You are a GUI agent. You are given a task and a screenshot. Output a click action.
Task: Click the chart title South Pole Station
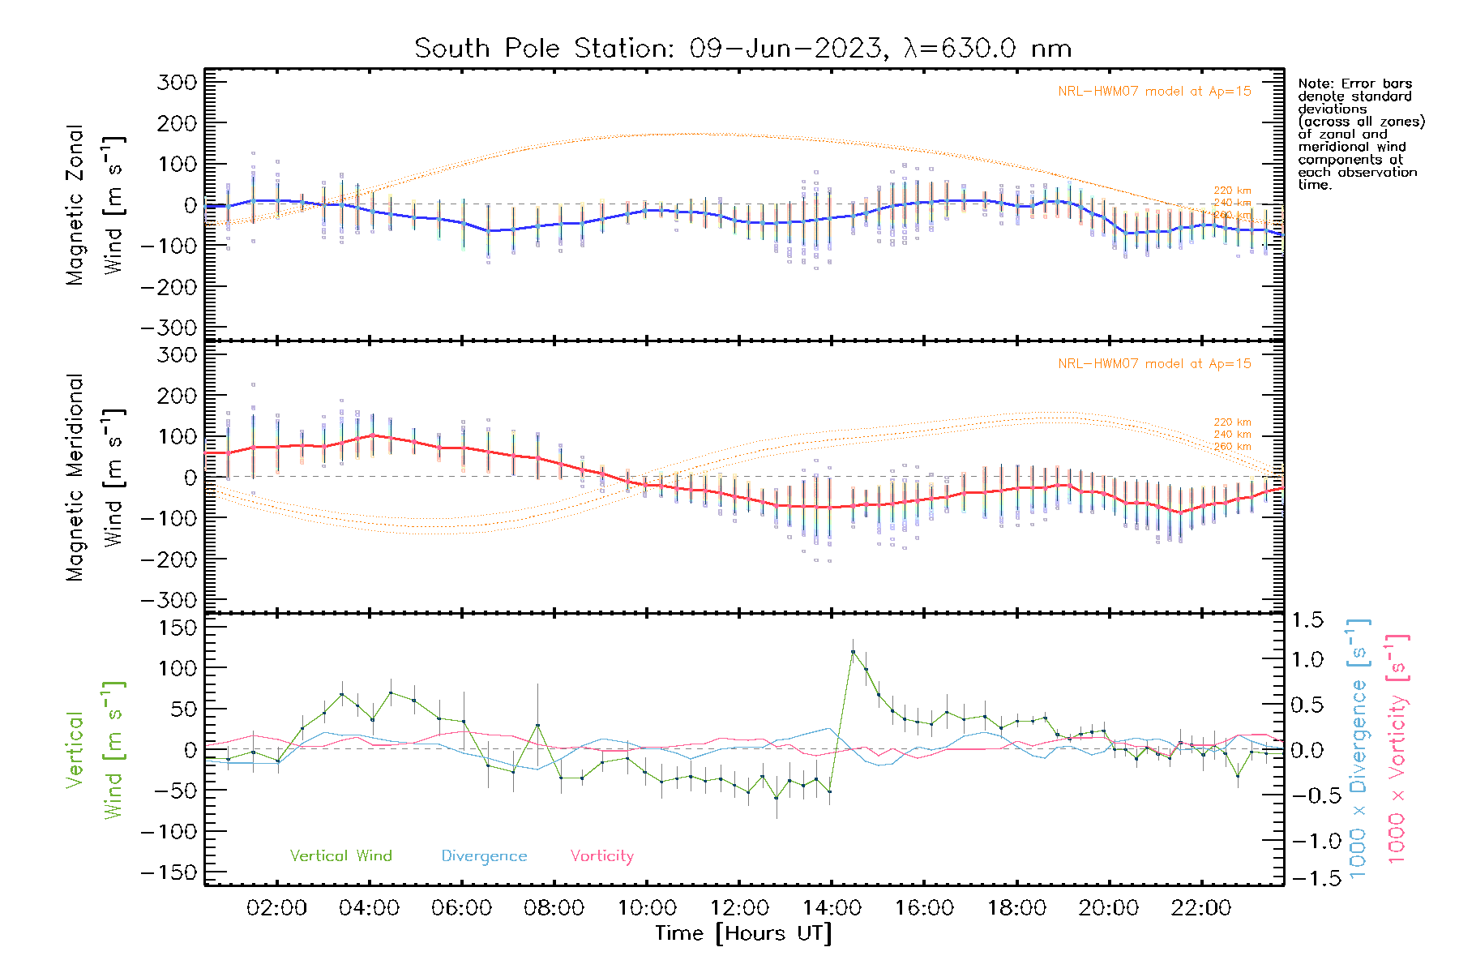point(742,49)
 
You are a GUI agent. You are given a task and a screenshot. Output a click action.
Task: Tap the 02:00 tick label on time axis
point(276,908)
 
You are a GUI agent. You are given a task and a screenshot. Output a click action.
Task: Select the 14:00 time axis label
point(832,908)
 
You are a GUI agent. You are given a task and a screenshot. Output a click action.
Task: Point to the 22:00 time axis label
point(1201,908)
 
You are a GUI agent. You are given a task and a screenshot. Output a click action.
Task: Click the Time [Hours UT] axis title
point(743,934)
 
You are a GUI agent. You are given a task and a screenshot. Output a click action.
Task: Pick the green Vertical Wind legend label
point(340,856)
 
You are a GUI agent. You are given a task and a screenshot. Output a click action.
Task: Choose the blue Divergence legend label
point(484,856)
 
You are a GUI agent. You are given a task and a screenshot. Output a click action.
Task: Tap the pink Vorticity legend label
point(601,856)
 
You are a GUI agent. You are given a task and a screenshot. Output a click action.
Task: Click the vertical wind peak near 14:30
point(853,652)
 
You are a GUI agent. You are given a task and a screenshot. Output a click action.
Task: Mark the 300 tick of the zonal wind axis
point(178,82)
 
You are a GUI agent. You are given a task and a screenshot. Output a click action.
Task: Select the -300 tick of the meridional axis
point(169,600)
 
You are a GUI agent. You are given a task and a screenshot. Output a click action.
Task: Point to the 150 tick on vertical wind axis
point(178,628)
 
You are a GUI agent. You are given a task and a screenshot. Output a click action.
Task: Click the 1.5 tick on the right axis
point(1307,620)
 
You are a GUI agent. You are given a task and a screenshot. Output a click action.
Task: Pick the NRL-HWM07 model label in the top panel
point(1154,92)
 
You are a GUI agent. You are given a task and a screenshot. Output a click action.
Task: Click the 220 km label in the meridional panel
point(1232,422)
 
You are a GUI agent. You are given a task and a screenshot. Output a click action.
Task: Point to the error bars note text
point(1361,134)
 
